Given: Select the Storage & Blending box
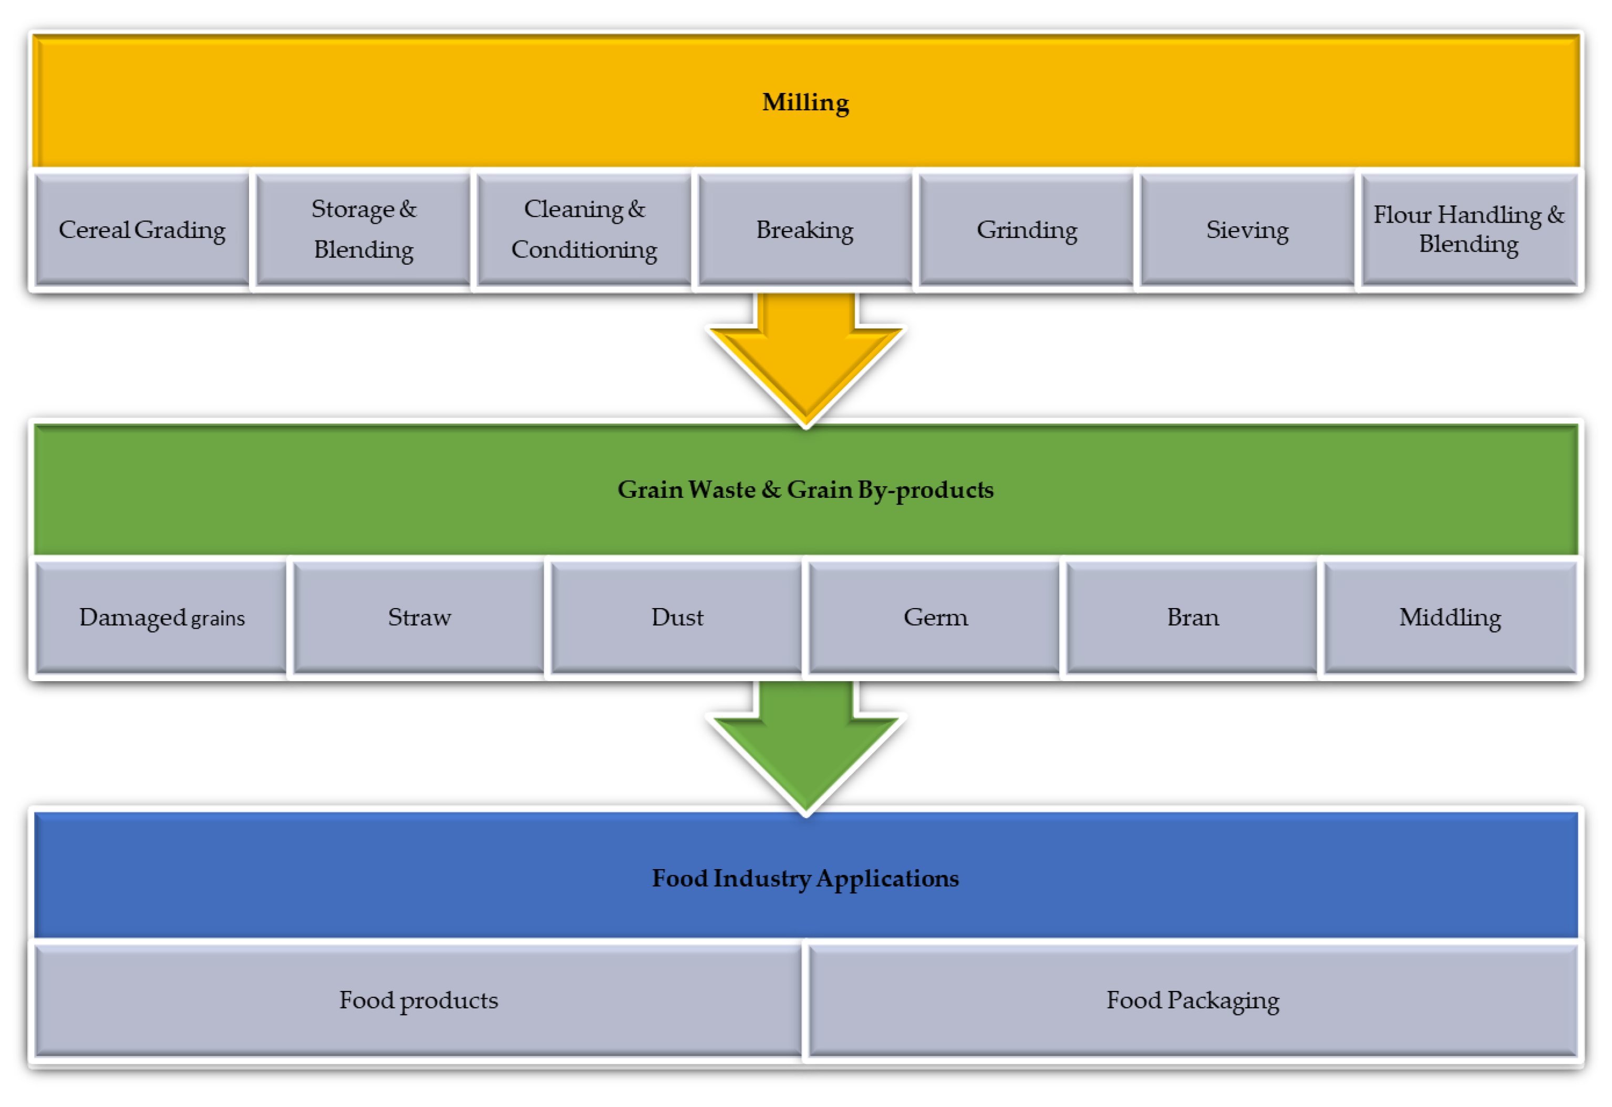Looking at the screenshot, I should [363, 229].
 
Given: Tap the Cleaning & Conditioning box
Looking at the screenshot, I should [584, 229].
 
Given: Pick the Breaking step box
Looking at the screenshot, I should [804, 229].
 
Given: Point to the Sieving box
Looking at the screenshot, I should [1247, 229].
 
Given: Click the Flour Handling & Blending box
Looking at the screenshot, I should [1469, 229].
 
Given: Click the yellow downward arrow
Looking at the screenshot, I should [805, 361].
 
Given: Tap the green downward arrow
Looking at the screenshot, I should [805, 749].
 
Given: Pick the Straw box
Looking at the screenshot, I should [419, 618].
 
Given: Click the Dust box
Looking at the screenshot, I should [677, 618].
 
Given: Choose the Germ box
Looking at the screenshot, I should [935, 618].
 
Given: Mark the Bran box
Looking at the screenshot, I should [1192, 618].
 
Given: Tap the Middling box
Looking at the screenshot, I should [1450, 618].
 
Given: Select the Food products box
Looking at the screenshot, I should [418, 1000].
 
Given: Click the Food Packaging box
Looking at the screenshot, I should [1192, 1000].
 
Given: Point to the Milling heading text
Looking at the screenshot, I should [805, 102].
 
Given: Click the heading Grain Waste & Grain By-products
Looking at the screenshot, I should [805, 489].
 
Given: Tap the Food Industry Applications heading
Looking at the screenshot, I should [805, 878].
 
